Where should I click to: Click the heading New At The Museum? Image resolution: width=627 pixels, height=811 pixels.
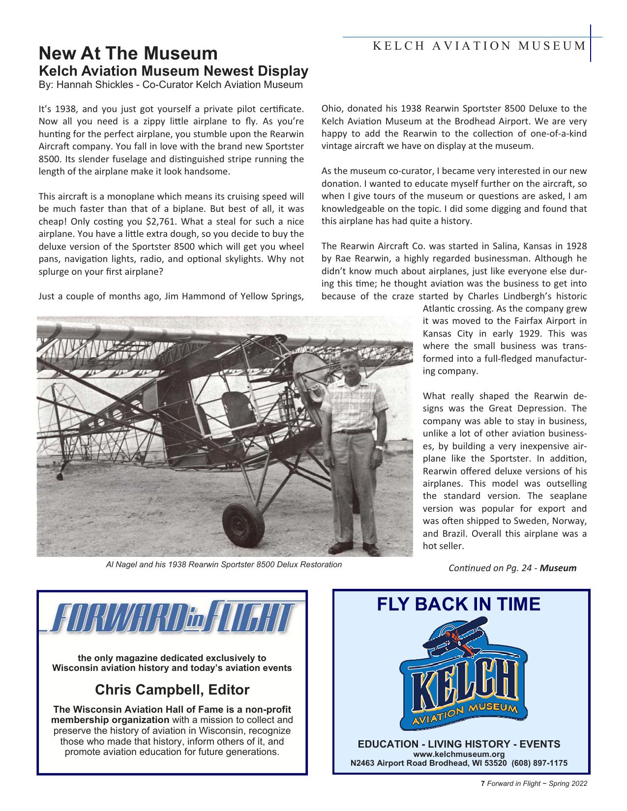(x=128, y=53)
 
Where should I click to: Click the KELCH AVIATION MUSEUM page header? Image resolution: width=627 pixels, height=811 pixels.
(x=478, y=46)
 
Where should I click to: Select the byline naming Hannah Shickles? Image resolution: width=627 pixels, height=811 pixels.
(x=171, y=85)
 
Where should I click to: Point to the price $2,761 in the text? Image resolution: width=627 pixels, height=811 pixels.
(x=155, y=221)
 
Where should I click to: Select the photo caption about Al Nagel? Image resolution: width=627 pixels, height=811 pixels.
(x=224, y=564)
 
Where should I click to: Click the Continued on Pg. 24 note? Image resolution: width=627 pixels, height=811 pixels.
(x=512, y=568)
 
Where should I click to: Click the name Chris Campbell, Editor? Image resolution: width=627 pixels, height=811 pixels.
(x=172, y=690)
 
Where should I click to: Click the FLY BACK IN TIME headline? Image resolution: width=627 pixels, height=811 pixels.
(x=458, y=604)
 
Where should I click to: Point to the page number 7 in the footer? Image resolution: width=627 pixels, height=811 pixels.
(x=483, y=784)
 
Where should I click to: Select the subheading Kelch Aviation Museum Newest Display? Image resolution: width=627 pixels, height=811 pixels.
(x=173, y=71)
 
